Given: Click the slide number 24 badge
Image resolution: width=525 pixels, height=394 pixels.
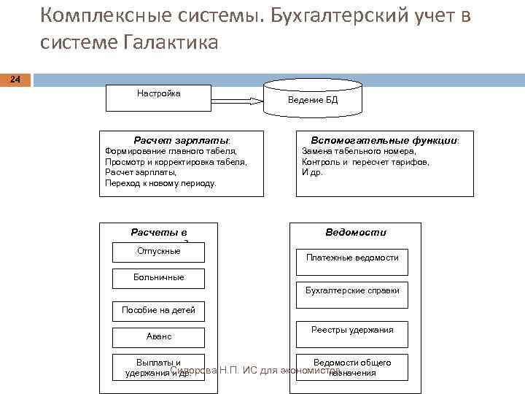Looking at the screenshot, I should click(x=15, y=79).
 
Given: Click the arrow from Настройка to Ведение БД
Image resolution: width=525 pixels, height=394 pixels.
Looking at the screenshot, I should click(x=237, y=100).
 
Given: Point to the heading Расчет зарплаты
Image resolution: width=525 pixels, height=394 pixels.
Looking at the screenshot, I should click(x=181, y=139).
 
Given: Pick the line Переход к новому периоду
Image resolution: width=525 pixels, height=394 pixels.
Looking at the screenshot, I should click(x=160, y=183).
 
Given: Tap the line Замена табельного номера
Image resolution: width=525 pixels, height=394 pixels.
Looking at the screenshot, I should click(x=359, y=151).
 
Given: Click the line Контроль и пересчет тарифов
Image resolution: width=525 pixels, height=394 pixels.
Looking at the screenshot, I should click(x=365, y=162).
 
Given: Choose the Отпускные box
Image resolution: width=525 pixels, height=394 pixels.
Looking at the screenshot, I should click(x=158, y=252).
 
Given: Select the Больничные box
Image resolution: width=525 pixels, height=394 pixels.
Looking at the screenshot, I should click(x=158, y=278).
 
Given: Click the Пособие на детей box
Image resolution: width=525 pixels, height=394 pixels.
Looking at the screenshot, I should click(x=158, y=311).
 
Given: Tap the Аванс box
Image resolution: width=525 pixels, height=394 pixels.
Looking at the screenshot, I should click(x=158, y=337).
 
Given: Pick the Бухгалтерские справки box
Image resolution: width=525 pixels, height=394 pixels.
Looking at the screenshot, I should click(x=351, y=291).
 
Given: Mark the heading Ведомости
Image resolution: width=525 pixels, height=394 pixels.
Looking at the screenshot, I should click(x=356, y=233).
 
